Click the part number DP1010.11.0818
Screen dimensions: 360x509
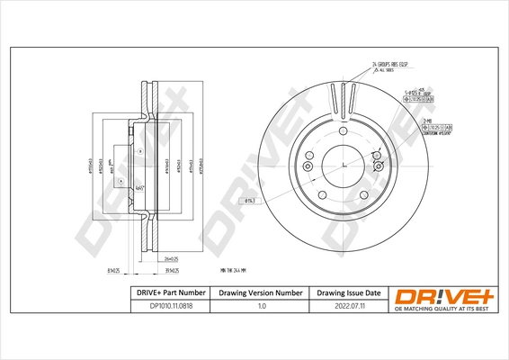tap(165, 306)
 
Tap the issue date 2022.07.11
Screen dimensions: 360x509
tap(347, 306)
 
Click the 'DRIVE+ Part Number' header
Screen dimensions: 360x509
tap(165, 292)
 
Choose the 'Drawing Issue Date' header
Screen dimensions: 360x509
tap(347, 292)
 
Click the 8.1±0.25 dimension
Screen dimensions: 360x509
tap(112, 269)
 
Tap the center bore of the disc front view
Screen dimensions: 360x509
tap(343, 166)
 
